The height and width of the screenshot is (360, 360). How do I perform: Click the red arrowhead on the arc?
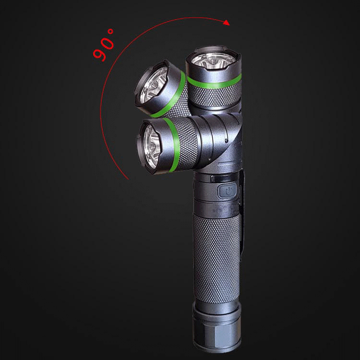coord(227,23)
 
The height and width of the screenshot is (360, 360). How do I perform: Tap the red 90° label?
coord(103,45)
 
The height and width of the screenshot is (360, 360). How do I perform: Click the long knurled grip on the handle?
coord(217,258)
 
